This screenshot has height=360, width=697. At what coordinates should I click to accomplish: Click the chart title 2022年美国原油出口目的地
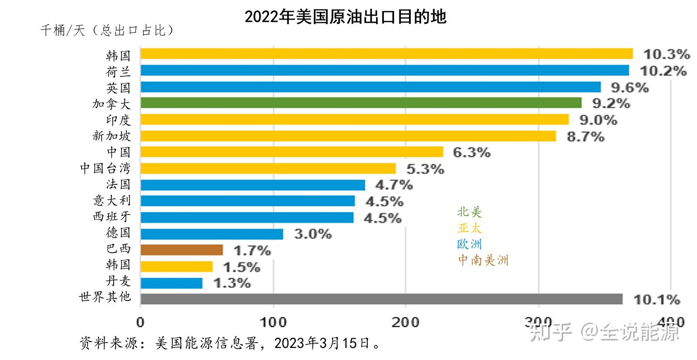345,17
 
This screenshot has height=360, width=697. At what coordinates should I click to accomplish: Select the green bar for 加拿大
361,103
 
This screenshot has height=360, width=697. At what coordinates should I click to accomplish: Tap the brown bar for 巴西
182,250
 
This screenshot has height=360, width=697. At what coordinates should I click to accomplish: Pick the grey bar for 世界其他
381,299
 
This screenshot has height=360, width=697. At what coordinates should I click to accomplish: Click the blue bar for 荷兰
384,71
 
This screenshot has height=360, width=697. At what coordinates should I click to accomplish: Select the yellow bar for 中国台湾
268,168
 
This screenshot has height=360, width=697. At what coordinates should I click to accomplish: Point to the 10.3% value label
666,54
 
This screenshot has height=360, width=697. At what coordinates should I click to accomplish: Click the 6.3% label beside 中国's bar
471,152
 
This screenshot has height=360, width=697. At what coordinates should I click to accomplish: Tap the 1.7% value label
252,251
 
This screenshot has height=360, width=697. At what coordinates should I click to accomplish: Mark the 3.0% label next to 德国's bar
313,234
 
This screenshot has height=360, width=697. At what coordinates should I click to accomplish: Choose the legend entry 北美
470,212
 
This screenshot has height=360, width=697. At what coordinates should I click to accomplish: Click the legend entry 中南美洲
483,261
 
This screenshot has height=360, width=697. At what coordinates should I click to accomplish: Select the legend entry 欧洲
470,244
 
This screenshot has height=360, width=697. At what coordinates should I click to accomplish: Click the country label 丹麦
118,282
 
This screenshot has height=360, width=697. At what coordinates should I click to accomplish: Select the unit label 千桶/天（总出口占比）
107,30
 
